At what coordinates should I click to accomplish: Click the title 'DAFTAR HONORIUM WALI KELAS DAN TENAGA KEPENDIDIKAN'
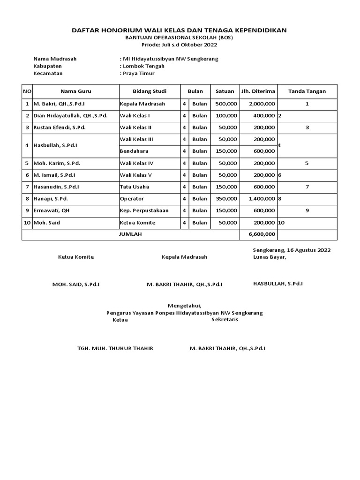point(179,30)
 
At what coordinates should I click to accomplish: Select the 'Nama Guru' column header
point(75,91)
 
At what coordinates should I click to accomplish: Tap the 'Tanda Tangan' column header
point(307,91)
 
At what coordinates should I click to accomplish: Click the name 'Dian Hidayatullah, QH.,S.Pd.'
point(70,116)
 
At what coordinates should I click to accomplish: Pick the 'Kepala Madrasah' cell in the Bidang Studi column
point(142,104)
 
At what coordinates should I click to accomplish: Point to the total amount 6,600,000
point(262,234)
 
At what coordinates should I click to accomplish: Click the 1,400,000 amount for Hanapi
point(262,199)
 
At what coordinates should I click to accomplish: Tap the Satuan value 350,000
point(225,199)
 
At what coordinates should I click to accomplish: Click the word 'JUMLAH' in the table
point(130,234)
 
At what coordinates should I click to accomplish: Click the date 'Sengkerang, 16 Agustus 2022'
point(292,250)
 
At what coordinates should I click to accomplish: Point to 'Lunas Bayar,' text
point(270,257)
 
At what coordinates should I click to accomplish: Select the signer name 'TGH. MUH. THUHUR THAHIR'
point(115,349)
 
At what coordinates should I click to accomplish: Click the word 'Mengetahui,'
point(185,306)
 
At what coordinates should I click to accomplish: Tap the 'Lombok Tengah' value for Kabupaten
point(139,66)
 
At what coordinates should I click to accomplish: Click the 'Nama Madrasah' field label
point(55,59)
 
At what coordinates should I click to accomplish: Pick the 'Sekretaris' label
point(225,320)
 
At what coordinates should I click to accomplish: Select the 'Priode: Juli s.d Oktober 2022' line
point(180,45)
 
